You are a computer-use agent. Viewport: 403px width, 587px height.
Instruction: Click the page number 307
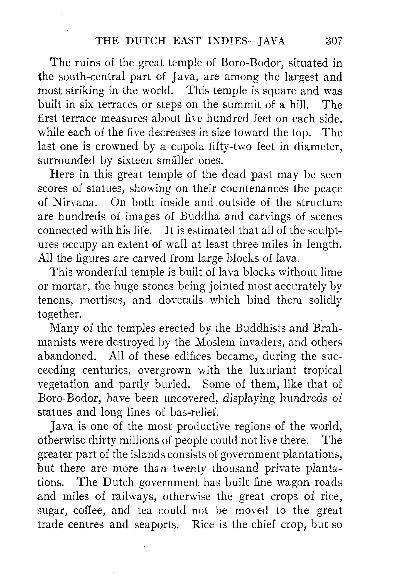point(333,41)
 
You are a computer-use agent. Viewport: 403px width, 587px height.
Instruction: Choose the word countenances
point(254,189)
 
